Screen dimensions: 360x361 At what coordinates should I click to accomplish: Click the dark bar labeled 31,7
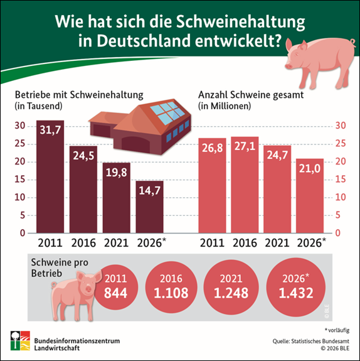coord(50,176)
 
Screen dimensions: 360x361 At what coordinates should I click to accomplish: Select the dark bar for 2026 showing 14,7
coord(149,207)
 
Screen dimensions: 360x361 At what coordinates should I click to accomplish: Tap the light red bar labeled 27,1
coord(245,185)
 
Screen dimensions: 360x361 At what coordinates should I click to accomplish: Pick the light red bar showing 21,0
coord(310,196)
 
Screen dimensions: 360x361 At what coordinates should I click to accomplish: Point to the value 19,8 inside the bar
coord(117,173)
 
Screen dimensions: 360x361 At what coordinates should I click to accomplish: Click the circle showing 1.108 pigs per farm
coord(171,288)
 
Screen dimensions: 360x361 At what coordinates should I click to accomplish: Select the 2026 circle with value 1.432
coord(296,287)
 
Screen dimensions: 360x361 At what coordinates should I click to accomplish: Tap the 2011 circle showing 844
coord(116,288)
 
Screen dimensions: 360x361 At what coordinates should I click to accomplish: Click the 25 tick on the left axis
coord(19,144)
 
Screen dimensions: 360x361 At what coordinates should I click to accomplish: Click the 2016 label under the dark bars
coord(83,243)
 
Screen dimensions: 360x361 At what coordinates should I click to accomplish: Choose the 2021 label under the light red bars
coord(277,243)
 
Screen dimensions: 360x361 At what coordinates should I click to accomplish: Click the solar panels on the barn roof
coord(166,112)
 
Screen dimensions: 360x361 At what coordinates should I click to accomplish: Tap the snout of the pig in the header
coord(289,66)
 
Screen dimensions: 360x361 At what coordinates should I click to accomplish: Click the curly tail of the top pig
coord(352,42)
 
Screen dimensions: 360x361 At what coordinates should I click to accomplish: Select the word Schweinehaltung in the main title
coord(240,22)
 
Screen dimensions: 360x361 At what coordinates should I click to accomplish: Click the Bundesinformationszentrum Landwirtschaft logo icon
coord(20,341)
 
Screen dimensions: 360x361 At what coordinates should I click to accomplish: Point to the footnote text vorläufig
coord(339,330)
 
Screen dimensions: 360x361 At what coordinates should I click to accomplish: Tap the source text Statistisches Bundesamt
coord(320,341)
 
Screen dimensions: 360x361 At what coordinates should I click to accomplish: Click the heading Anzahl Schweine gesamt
coord(251,95)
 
